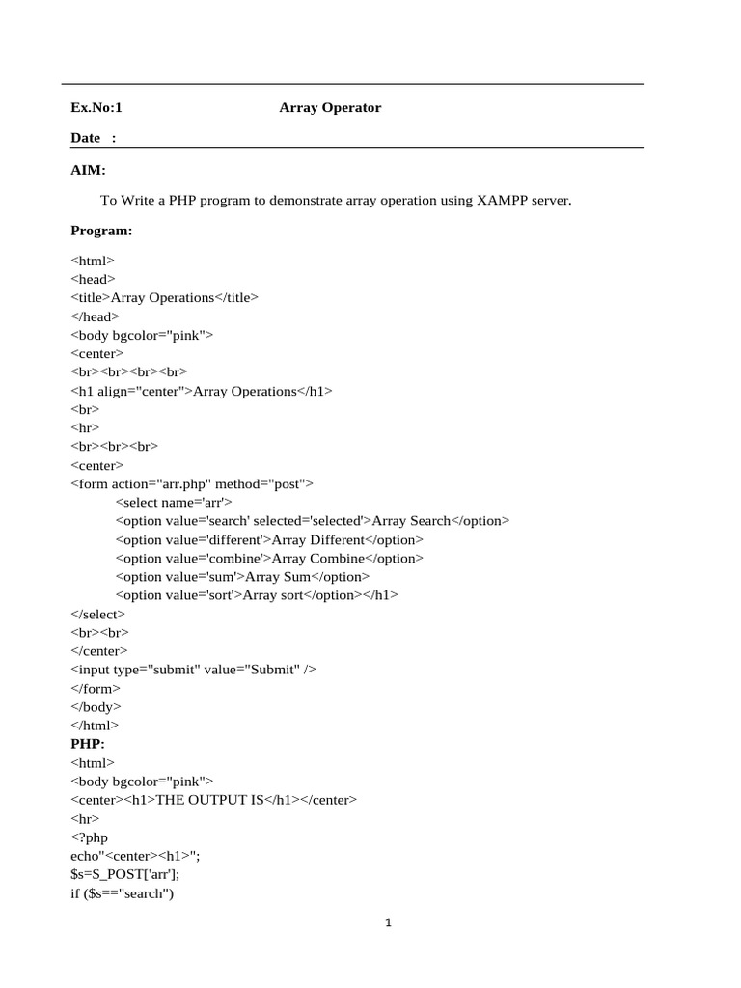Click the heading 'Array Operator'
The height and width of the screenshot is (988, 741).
[330, 108]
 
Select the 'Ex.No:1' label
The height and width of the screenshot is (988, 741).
[96, 108]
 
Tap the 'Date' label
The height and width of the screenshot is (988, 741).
[86, 138]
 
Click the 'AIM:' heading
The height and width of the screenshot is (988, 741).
[88, 170]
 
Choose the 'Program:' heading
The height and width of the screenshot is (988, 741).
[101, 231]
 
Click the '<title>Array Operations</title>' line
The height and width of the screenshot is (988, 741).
[164, 298]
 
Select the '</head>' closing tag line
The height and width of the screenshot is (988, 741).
[96, 316]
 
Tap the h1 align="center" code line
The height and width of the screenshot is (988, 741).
[202, 391]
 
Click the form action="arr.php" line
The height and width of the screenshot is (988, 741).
[192, 483]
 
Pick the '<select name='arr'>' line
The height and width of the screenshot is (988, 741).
[174, 503]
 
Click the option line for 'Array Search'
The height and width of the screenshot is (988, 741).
[312, 521]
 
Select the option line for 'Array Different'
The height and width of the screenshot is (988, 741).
[269, 539]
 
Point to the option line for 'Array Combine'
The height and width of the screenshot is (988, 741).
[269, 558]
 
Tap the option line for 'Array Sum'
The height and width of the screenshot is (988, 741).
[242, 577]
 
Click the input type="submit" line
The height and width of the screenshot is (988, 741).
[193, 670]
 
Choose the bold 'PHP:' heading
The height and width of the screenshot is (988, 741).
[87, 744]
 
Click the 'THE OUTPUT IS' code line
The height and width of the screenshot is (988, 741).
[213, 800]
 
